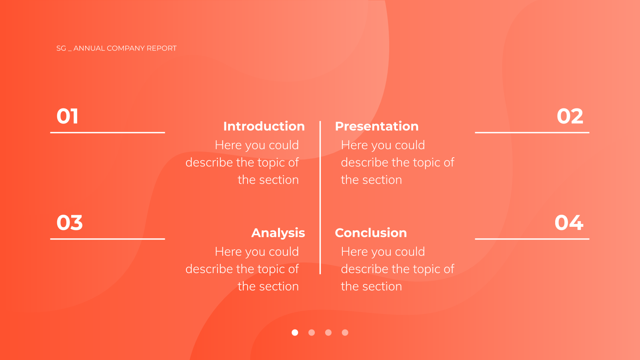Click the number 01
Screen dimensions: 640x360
[67, 116]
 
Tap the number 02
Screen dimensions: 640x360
[570, 116]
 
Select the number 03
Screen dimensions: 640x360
[70, 223]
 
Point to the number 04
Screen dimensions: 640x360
[569, 223]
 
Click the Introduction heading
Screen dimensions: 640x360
[264, 126]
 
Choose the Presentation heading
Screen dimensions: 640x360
[376, 126]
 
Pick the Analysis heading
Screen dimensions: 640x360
[278, 233]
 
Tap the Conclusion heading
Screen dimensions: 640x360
[371, 233]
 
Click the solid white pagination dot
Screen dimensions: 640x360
[295, 332]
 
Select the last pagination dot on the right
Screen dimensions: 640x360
[345, 332]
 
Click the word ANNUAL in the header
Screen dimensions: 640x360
[89, 48]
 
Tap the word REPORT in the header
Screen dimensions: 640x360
[162, 48]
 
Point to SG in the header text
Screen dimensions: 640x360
[61, 48]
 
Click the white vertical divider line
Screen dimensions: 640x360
[320, 198]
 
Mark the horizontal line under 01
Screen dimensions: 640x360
[108, 132]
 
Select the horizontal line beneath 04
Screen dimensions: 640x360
[532, 239]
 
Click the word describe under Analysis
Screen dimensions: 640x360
[209, 269]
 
